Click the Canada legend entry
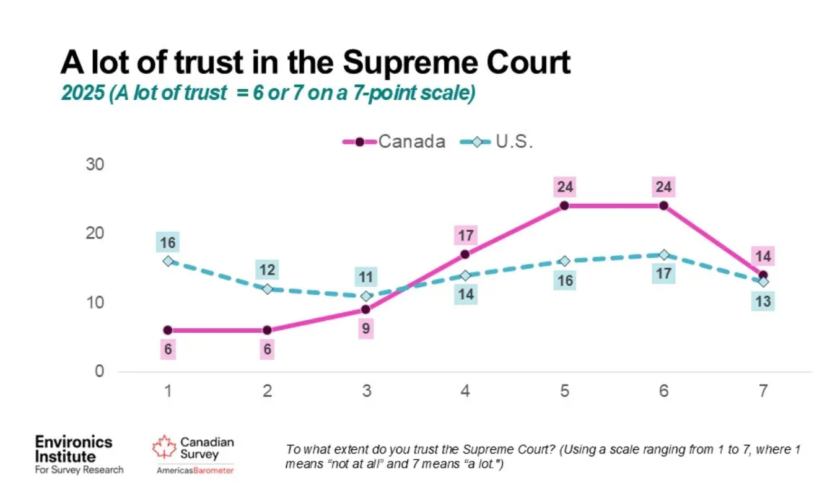coord(394,142)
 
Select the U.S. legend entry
coord(497,142)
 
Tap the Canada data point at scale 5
coord(564,206)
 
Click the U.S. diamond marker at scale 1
coord(168,261)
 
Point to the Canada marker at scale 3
coord(366,309)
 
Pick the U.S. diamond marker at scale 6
coord(663,255)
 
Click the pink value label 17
coord(465,235)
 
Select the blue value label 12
coord(267,270)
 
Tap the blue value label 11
coord(366,277)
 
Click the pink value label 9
coord(366,329)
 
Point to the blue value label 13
coord(763,302)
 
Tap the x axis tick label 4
coord(465,391)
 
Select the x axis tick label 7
coord(763,391)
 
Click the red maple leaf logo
coord(164,447)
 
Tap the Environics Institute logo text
coord(74,450)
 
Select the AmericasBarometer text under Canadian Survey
coord(195,471)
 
